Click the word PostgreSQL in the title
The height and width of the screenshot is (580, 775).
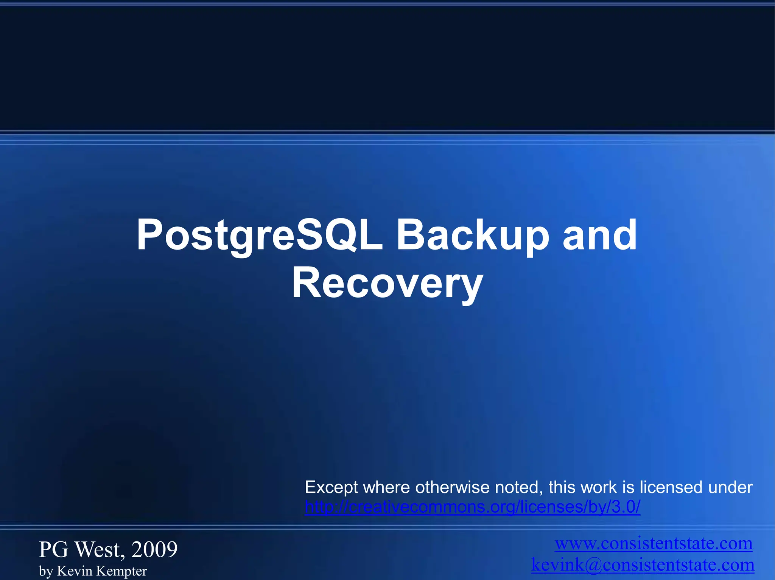click(259, 235)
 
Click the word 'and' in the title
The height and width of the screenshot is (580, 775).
click(600, 235)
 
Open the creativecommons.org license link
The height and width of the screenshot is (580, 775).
click(472, 507)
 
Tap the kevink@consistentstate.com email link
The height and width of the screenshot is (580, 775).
click(643, 564)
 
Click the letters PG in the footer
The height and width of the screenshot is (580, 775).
click(54, 549)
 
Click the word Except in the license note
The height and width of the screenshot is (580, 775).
click(331, 488)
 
